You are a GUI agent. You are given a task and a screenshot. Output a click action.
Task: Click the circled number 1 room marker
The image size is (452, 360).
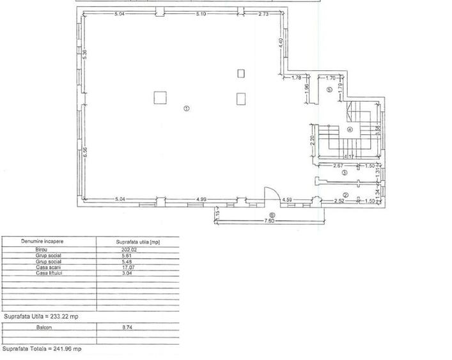pyautogui.click(x=186, y=108)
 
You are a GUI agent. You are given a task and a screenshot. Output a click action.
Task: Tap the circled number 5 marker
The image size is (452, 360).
pyautogui.click(x=329, y=90)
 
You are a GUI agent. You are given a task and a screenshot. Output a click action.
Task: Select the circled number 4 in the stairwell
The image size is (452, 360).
pyautogui.click(x=350, y=130)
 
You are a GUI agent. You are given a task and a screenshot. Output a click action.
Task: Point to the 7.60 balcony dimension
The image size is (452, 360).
pyautogui.click(x=270, y=222)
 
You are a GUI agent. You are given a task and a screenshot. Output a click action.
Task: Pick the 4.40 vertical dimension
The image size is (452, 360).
pyautogui.click(x=280, y=43)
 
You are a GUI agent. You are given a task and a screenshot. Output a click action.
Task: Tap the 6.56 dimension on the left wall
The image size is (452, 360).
pyautogui.click(x=84, y=153)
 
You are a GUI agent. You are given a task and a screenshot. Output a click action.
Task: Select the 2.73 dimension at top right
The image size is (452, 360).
pyautogui.click(x=263, y=14)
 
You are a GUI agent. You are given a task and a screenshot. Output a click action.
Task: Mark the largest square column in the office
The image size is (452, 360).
pyautogui.click(x=160, y=98)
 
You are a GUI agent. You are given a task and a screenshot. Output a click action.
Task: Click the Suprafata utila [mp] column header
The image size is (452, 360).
pyautogui.click(x=137, y=242)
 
